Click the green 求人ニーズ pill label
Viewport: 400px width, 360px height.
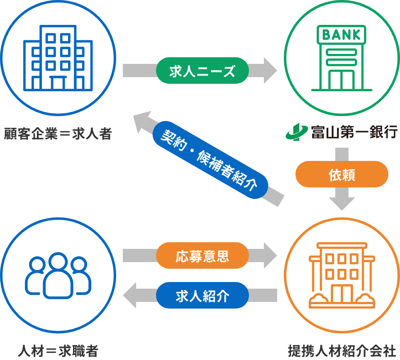click(x=202, y=71)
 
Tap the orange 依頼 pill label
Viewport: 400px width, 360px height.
click(x=341, y=174)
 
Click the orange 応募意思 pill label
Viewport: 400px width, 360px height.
click(x=202, y=255)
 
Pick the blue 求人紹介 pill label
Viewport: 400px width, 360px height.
click(x=202, y=295)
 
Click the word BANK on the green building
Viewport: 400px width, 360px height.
click(x=341, y=34)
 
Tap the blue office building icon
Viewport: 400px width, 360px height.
click(x=58, y=58)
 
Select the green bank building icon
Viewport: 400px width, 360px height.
click(x=341, y=58)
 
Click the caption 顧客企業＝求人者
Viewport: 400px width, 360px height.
click(x=58, y=134)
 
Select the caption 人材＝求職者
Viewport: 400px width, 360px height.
click(x=58, y=351)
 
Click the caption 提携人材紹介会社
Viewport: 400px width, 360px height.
click(x=341, y=351)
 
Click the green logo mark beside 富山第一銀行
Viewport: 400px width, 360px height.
click(x=296, y=133)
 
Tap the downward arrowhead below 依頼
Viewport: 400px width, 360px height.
click(x=341, y=203)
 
